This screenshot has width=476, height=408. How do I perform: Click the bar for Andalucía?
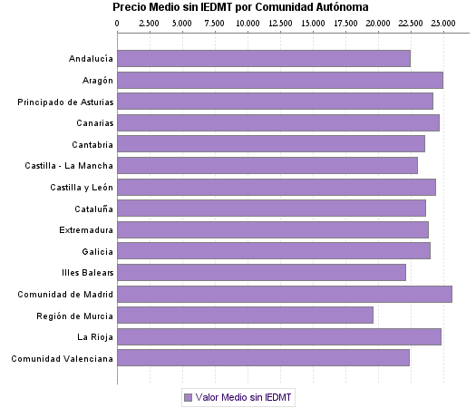[263, 59]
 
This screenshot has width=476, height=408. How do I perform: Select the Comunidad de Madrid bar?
[284, 294]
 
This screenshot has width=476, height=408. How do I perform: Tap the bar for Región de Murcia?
[245, 316]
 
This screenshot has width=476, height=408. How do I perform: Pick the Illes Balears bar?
[261, 272]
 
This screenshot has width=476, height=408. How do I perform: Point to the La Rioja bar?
[278, 337]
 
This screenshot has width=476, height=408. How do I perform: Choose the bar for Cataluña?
[271, 209]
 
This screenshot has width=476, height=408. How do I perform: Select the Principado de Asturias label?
[65, 102]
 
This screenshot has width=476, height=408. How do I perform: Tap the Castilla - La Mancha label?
[70, 166]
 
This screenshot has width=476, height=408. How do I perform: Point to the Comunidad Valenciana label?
[63, 358]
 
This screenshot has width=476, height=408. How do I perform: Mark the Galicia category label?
[97, 251]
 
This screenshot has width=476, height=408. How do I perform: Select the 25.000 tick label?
[442, 21]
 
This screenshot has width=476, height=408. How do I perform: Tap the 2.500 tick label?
[150, 21]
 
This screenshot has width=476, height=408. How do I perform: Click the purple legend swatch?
[188, 397]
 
